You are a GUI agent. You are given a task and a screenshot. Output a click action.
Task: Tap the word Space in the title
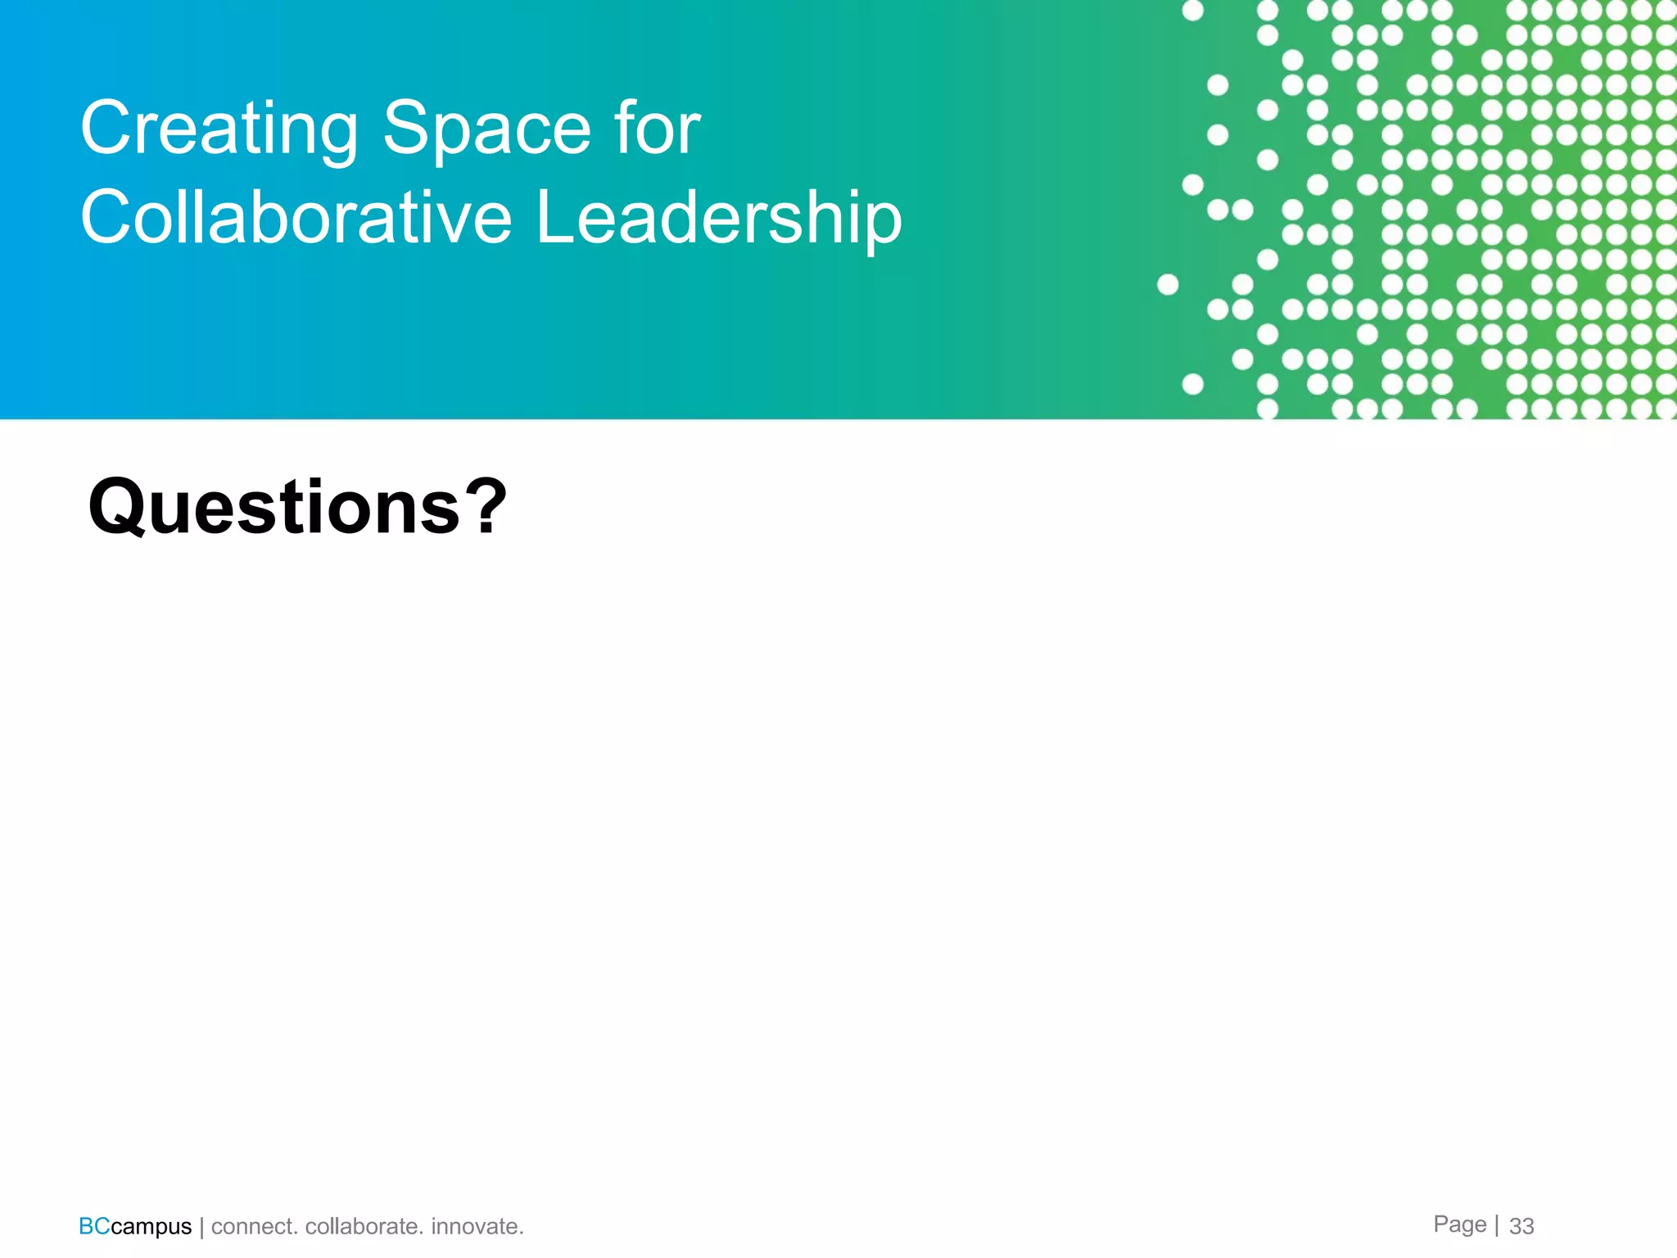(x=486, y=128)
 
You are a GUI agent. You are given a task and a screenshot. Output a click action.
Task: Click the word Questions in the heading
(x=274, y=508)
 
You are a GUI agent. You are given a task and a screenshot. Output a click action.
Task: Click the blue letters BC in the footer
(x=94, y=1226)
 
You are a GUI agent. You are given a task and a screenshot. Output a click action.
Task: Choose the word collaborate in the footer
(x=364, y=1226)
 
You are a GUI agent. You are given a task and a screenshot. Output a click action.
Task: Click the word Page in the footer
(x=1459, y=1224)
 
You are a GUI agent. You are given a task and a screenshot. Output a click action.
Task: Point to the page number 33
(x=1521, y=1226)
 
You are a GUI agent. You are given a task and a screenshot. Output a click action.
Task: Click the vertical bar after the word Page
(x=1497, y=1224)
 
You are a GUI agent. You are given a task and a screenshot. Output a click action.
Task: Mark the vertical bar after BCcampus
(x=201, y=1227)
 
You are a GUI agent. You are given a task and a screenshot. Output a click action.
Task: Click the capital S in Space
(x=408, y=128)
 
